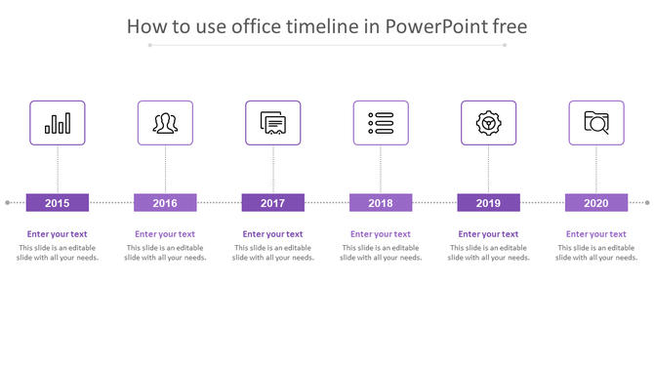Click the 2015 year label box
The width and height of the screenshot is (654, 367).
tap(58, 203)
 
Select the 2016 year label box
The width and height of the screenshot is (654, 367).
tap(165, 203)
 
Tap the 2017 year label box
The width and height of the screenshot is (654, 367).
tap(273, 203)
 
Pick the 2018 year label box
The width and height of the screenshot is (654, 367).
tap(381, 203)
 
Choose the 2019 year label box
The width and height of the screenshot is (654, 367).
tap(488, 203)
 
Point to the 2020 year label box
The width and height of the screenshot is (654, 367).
tap(596, 203)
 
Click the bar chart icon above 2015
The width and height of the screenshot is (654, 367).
tap(58, 123)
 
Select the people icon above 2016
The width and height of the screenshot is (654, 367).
tap(165, 123)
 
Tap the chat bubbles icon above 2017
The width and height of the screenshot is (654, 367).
tap(273, 123)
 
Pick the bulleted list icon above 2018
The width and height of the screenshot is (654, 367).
tap(381, 123)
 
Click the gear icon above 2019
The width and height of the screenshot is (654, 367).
tap(488, 123)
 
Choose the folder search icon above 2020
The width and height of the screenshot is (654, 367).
tap(596, 123)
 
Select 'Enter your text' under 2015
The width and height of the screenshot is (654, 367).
tap(58, 234)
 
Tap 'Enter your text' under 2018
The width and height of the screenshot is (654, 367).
tap(381, 234)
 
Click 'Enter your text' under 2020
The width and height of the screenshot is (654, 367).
tap(596, 234)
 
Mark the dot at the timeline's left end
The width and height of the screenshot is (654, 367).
tap(8, 203)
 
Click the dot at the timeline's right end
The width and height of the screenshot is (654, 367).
tap(647, 203)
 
